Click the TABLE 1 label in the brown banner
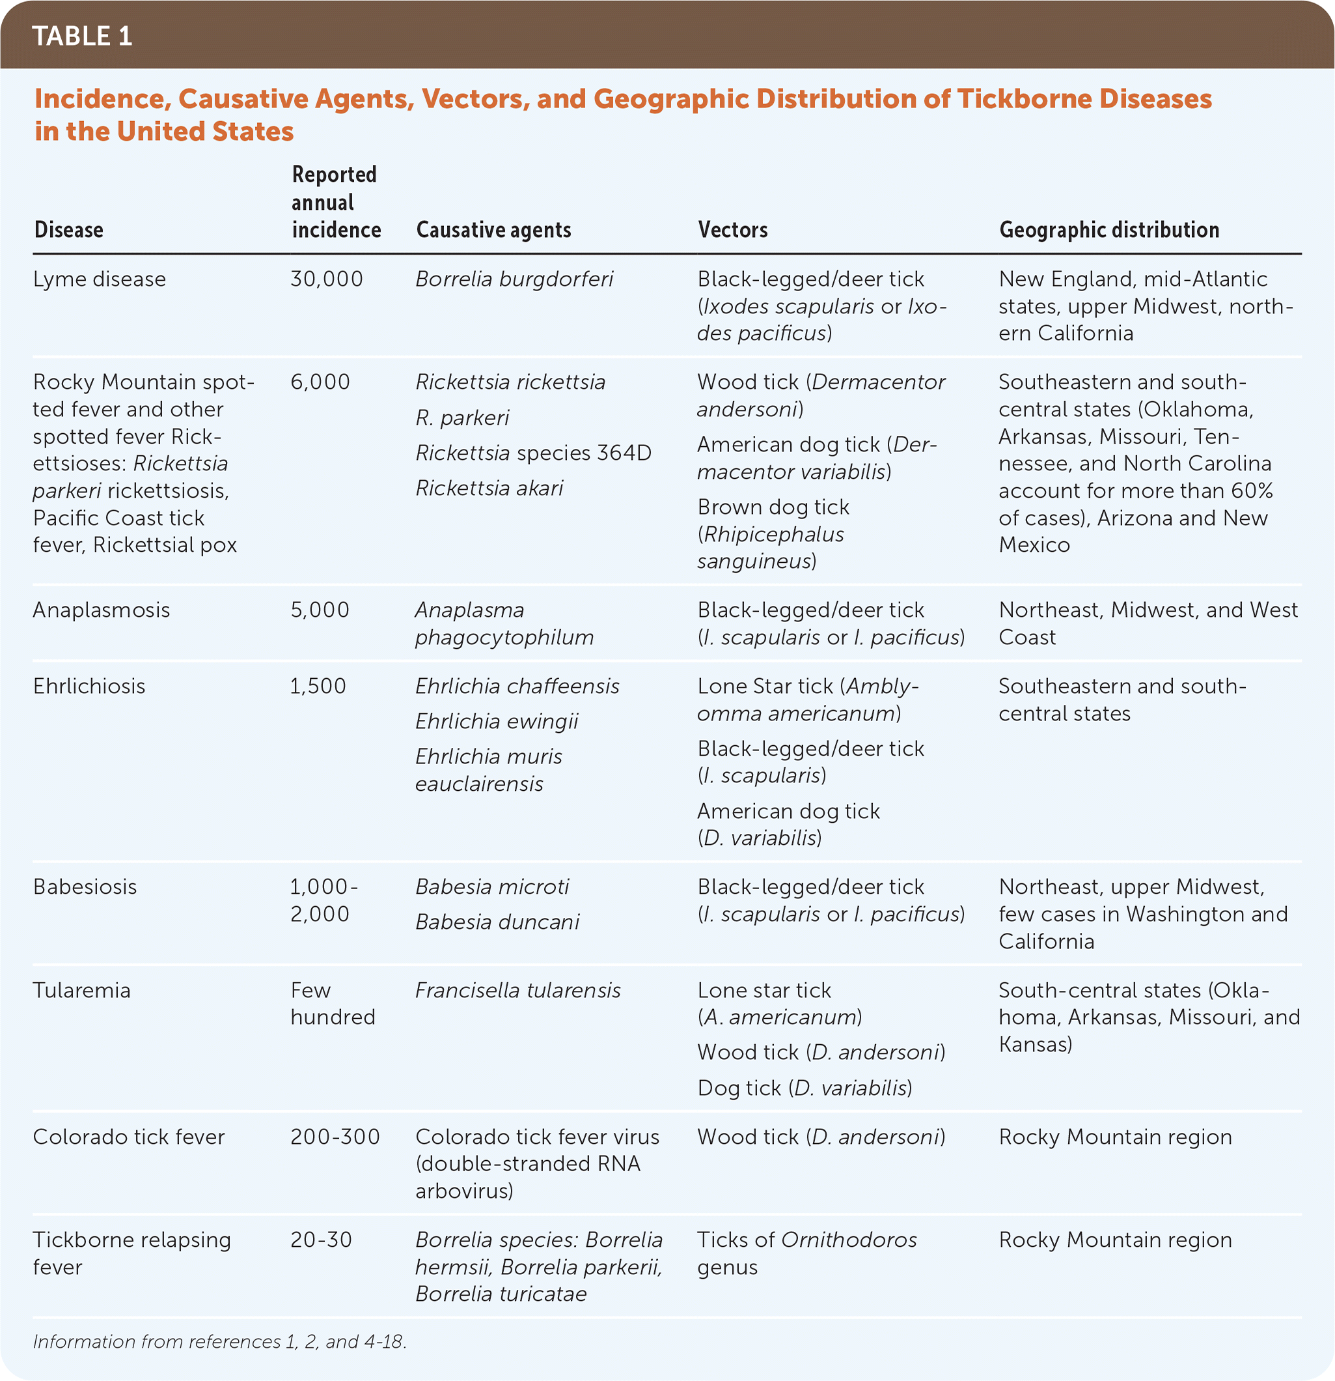83,36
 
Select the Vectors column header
732,230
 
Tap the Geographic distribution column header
1109,230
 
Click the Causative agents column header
493,230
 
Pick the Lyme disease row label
100,279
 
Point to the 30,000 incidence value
327,279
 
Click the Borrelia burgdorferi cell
514,279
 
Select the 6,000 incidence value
320,382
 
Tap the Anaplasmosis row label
102,610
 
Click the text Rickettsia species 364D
533,452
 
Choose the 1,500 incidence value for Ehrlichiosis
318,687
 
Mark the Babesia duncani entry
497,922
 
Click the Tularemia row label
81,991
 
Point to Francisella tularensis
517,991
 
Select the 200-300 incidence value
335,1137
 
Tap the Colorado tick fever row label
129,1137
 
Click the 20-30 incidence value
321,1240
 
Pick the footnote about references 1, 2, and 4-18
220,1341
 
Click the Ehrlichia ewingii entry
497,722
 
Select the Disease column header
69,230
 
